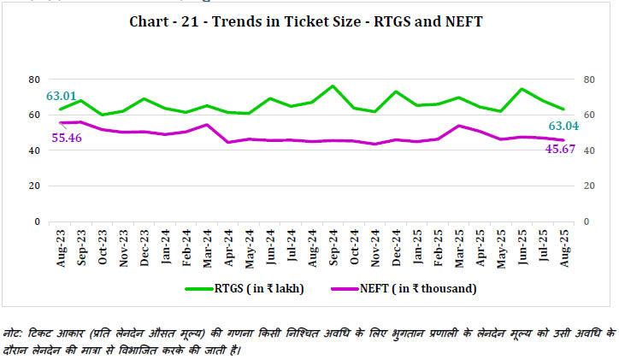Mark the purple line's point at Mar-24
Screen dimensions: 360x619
[x=207, y=125]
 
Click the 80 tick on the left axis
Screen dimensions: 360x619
[x=35, y=79]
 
